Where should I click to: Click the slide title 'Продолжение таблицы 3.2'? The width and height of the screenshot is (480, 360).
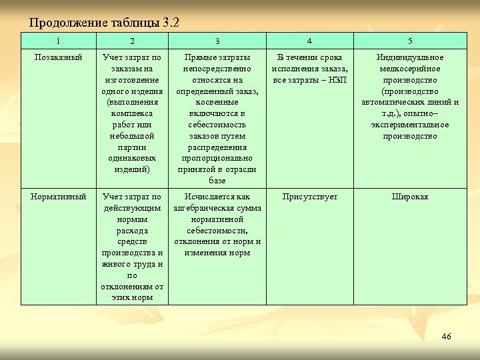pos(105,23)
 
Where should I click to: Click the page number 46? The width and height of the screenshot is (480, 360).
pos(446,336)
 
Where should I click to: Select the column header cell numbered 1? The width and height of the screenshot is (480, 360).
pos(58,41)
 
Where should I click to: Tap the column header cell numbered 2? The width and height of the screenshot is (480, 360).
pos(132,41)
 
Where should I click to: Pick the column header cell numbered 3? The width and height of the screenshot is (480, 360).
pos(217,41)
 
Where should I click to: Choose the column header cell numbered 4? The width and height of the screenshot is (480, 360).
pos(309,41)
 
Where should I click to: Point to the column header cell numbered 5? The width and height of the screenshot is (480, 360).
pos(410,41)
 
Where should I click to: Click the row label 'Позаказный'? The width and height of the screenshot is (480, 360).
pos(58,58)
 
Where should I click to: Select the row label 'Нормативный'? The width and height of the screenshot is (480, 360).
pos(58,197)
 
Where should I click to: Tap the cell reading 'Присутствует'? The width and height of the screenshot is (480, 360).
pos(309,197)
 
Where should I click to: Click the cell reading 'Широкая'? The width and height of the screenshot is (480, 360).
pos(410,197)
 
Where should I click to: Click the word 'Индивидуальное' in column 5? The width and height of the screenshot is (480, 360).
pos(410,58)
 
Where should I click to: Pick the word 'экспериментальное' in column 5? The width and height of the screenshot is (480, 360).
pos(410,125)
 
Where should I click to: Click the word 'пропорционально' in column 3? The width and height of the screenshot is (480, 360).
pos(217,158)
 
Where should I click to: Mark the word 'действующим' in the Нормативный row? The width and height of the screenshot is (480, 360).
pos(132,208)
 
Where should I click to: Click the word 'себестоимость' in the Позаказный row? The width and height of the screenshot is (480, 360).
pos(217,125)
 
